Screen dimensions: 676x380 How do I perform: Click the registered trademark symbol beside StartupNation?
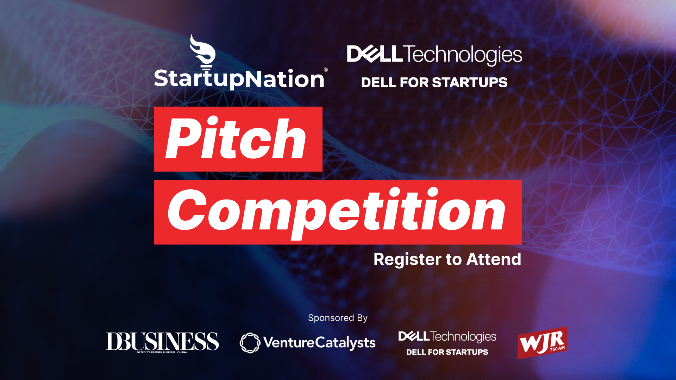pos(326,70)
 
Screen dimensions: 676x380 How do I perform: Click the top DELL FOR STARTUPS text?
pos(434,82)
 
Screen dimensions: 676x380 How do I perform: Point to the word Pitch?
pos(236,138)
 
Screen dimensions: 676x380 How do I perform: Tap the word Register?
pos(407,260)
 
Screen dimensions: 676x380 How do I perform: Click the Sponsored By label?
pos(338,318)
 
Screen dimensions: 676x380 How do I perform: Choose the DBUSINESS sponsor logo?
pos(162,342)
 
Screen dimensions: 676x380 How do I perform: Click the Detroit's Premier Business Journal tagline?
pos(162,352)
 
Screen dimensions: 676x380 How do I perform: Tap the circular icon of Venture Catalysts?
pos(250,343)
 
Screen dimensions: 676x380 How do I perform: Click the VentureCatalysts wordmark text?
pos(319,343)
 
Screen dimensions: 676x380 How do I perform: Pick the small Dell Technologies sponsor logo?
pos(447,336)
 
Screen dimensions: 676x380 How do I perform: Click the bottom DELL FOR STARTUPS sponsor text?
pos(447,352)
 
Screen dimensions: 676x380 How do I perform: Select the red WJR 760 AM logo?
pos(542,343)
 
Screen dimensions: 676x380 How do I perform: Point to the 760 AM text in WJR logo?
pos(557,349)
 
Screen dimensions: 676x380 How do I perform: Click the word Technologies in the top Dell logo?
pos(462,55)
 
